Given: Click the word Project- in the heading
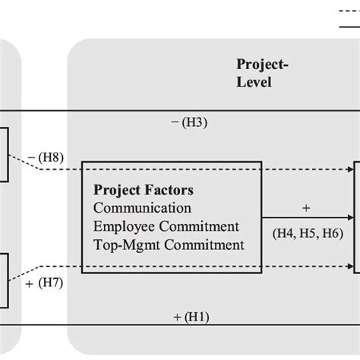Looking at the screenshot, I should coord(262,64).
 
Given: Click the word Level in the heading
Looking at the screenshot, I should coord(253,81).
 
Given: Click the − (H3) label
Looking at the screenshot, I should coord(190,121).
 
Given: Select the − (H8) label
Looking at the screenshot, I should coord(46,159).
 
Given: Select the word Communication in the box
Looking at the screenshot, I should coord(142,207).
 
